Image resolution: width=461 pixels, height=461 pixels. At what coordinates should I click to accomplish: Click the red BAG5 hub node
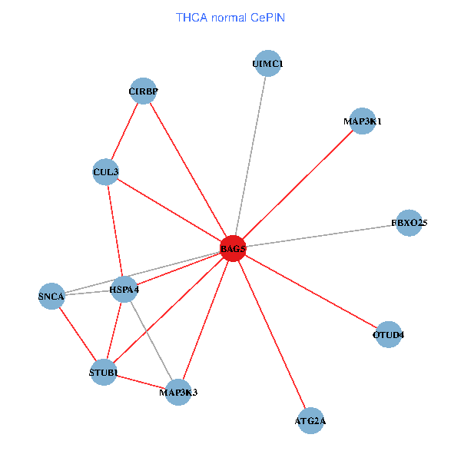233,249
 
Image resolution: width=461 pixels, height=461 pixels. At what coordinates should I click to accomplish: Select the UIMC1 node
267,64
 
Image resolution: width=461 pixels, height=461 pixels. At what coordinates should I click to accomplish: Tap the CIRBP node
143,91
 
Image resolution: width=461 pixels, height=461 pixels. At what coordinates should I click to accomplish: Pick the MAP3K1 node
363,121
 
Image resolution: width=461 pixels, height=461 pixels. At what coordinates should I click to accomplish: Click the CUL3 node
105,171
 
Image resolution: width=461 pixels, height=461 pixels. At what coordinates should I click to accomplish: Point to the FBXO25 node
409,223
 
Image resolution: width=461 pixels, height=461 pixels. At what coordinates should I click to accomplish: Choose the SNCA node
51,295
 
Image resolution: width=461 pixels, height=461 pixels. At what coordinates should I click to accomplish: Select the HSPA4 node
124,289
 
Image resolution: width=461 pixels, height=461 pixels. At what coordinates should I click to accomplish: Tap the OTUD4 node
389,335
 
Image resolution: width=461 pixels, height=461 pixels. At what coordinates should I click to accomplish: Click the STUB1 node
104,373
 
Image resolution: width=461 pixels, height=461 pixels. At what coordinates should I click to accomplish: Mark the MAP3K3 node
178,393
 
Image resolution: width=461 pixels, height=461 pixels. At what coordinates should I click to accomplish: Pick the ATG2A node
310,421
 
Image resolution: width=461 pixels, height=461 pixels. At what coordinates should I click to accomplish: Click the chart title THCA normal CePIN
230,17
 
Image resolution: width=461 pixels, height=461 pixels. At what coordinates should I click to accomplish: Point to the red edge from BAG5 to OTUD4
311,292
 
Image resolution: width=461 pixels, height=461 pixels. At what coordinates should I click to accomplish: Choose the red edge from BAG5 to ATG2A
272,336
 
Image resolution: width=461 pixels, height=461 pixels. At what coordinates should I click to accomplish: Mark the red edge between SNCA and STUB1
78,334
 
